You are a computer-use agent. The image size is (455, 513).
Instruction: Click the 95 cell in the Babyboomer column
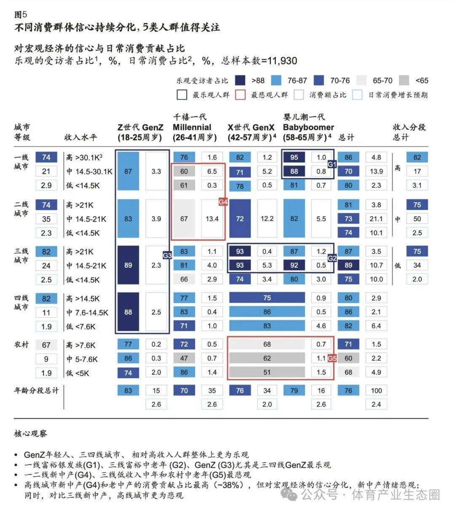[x=294, y=157]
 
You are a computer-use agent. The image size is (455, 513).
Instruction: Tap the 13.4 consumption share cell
[x=212, y=219]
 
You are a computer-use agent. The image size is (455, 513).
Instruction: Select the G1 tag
[x=332, y=165]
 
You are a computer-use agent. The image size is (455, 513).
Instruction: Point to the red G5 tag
[x=332, y=358]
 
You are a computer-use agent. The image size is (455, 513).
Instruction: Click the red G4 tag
[x=223, y=202]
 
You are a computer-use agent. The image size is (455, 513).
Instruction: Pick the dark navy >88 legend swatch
[x=240, y=80]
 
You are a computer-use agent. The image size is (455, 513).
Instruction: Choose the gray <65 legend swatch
[x=404, y=80]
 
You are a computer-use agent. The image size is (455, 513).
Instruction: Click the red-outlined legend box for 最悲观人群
[x=240, y=95]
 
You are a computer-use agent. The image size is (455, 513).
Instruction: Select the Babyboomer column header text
[x=308, y=127]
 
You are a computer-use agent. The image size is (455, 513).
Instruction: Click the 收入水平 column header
[x=80, y=137]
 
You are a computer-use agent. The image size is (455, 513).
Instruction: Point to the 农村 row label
[x=21, y=345]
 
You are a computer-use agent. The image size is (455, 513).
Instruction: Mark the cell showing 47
[x=184, y=358]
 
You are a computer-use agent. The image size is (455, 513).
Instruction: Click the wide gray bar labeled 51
[x=267, y=372]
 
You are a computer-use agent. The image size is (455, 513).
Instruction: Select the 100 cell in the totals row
[x=376, y=390]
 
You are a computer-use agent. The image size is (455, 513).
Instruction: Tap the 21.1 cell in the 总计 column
[x=376, y=219]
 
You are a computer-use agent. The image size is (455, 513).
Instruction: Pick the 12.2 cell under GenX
[x=267, y=219]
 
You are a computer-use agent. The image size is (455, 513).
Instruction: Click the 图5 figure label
[x=21, y=14]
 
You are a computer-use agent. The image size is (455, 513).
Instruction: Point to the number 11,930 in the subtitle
[x=282, y=61]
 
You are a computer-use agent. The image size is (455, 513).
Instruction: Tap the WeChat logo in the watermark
[x=290, y=494]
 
